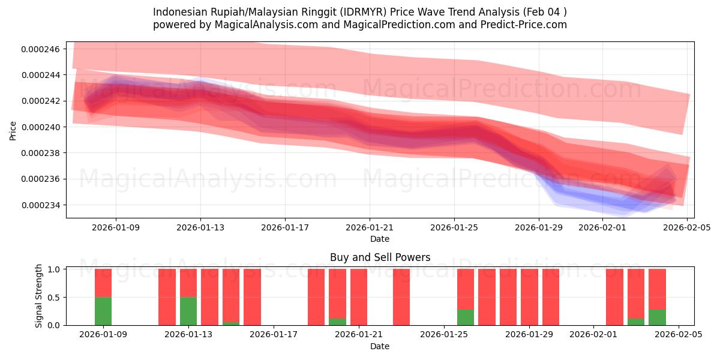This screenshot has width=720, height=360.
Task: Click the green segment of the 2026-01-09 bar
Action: coord(103,311)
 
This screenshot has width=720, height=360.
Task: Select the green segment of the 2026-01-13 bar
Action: coord(188,311)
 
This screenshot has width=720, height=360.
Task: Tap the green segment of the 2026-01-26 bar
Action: coord(466,317)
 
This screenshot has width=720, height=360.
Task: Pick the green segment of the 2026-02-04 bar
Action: coord(657,317)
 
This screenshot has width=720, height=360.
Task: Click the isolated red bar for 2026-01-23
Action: coord(401,297)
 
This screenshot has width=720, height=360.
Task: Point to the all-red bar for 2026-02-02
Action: coord(614,297)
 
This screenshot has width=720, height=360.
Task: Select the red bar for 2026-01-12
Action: coord(167,297)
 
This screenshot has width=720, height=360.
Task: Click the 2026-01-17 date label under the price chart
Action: coord(285,227)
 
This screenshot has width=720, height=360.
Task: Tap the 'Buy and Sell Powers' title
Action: coord(380,257)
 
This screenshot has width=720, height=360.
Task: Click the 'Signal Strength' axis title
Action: coord(39,296)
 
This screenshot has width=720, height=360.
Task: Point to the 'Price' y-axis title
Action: coord(13,130)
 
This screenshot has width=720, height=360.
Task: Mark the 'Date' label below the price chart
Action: coord(380,239)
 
